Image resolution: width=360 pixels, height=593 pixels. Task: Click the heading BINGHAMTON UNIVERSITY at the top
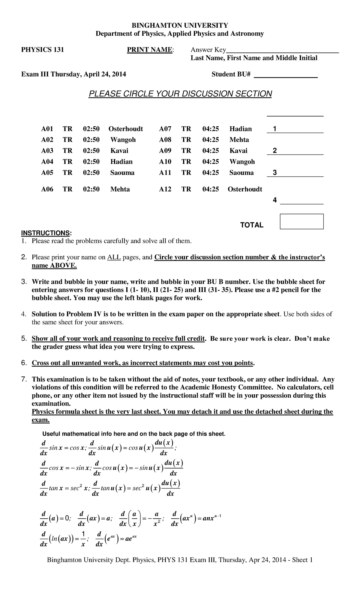(180, 25)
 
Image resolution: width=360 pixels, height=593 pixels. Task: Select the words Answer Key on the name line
(208, 50)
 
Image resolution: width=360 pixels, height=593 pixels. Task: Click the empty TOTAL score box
(301, 221)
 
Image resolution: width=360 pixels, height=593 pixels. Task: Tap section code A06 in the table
(47, 189)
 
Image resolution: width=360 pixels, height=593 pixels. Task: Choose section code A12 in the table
(165, 189)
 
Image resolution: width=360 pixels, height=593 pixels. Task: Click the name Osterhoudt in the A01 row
(126, 129)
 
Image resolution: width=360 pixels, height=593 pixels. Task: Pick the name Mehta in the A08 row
(239, 140)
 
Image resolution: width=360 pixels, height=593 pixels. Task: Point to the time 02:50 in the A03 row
(91, 151)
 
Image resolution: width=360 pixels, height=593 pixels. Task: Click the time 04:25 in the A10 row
(211, 162)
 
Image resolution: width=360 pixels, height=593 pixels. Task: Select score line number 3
(274, 173)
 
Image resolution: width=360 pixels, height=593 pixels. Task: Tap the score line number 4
(274, 200)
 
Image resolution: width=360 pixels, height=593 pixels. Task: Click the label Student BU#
(231, 74)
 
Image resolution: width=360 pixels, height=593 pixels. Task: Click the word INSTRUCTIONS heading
(46, 233)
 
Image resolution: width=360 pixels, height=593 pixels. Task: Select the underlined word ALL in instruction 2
(114, 257)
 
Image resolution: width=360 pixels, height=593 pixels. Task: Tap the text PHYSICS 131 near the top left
(42, 50)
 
